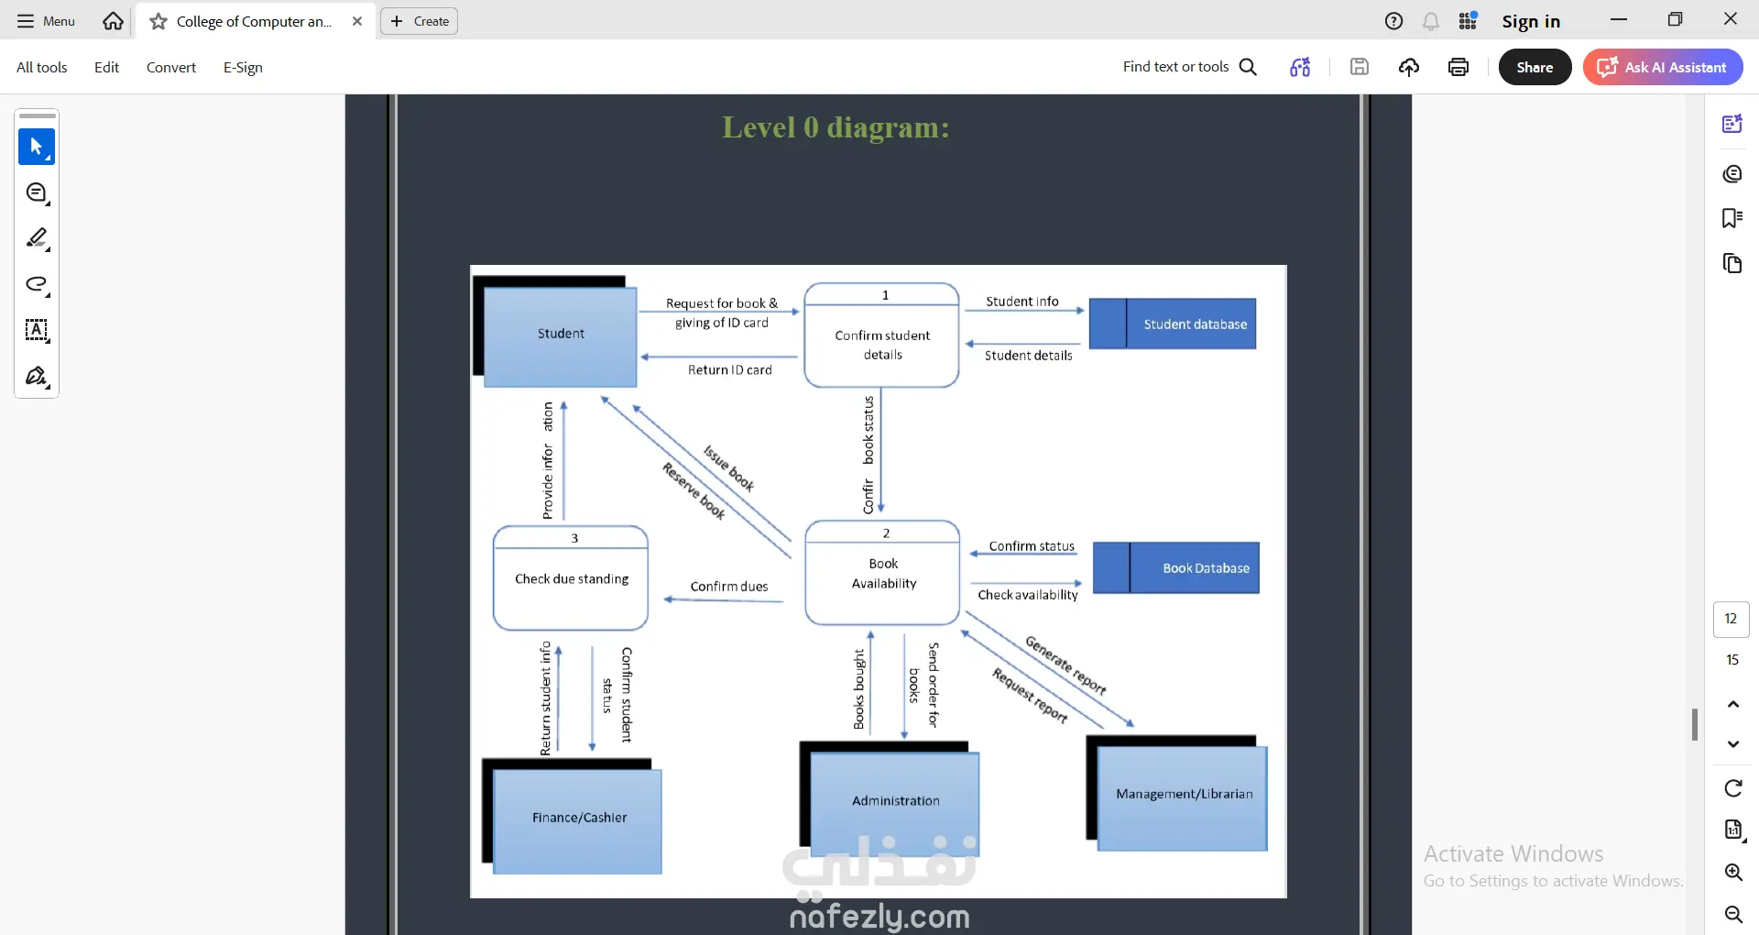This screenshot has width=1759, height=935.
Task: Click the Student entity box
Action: click(x=560, y=336)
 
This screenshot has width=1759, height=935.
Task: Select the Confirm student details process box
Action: click(x=881, y=335)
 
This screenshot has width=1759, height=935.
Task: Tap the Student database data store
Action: click(x=1172, y=324)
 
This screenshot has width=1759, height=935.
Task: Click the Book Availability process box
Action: click(x=882, y=573)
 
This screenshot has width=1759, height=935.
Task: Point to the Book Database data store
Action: click(x=1176, y=568)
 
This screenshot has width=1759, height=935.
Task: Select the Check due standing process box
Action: click(x=571, y=578)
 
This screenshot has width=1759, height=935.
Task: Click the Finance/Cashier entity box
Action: click(x=577, y=821)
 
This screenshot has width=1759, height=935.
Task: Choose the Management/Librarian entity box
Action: click(x=1183, y=798)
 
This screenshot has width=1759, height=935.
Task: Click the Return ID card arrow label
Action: click(x=730, y=370)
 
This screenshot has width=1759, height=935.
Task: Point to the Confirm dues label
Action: click(x=729, y=587)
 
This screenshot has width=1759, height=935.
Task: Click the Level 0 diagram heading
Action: click(x=836, y=126)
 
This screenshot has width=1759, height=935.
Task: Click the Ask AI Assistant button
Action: click(x=1663, y=67)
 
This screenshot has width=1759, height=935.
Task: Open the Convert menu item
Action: click(x=171, y=67)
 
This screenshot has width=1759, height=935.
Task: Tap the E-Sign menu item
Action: click(x=243, y=67)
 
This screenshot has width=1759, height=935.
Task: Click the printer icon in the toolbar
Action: click(x=1459, y=67)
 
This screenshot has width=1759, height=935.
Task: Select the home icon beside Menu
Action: click(x=113, y=21)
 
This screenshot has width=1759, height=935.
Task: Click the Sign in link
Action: click(x=1531, y=21)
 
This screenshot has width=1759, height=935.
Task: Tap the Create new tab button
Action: click(x=420, y=21)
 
